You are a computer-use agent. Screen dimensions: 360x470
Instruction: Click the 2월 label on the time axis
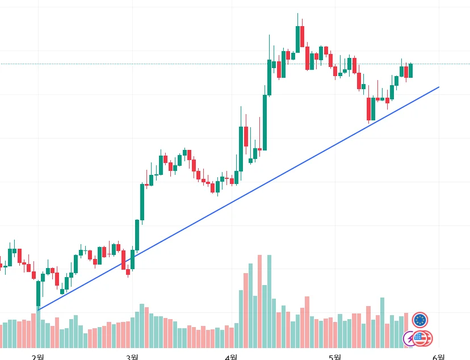[x=37, y=356]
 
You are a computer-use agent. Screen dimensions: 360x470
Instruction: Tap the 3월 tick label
[x=132, y=356]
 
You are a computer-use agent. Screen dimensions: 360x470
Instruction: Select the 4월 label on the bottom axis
[x=231, y=356]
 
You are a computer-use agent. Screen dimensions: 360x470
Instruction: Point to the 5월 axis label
[x=335, y=356]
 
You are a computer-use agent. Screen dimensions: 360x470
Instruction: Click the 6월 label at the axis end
[x=438, y=356]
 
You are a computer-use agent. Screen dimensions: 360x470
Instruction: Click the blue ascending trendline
[x=238, y=199]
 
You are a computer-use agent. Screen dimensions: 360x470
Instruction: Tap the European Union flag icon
[x=420, y=320]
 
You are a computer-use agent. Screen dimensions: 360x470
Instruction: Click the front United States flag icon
[x=421, y=338]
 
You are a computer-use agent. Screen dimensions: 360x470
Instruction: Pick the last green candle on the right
[x=410, y=70]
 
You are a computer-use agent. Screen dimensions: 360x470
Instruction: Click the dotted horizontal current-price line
[x=170, y=64]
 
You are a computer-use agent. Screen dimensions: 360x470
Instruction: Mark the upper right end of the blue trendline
[x=438, y=87]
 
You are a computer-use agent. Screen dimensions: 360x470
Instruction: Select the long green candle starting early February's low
[x=38, y=294]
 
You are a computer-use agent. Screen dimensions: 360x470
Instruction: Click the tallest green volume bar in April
[x=269, y=301]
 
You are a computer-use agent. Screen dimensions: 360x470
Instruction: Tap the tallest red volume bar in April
[x=259, y=301]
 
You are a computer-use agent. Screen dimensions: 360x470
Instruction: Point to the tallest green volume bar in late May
[x=383, y=323]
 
